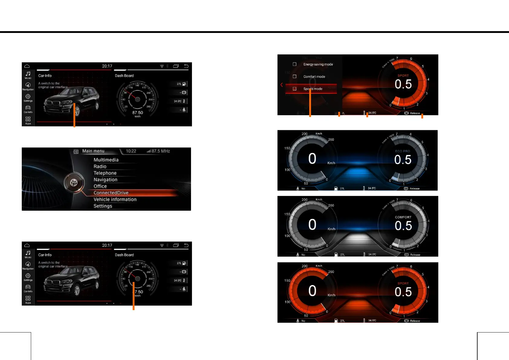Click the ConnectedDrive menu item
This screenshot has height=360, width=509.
(111, 193)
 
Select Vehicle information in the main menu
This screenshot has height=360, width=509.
(115, 199)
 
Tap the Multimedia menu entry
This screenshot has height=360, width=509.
(106, 160)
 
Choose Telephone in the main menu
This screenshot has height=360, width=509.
(105, 173)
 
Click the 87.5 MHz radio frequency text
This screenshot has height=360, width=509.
(160, 151)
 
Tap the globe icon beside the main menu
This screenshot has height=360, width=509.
(74, 183)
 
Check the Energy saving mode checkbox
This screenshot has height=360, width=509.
(294, 64)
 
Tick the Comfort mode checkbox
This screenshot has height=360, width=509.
(294, 77)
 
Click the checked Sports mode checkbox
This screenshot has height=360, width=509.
(294, 89)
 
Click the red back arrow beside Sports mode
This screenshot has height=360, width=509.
(282, 85)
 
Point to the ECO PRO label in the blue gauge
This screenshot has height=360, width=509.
(403, 151)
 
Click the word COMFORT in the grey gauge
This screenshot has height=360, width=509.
(403, 217)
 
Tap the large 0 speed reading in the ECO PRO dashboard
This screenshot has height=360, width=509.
(312, 159)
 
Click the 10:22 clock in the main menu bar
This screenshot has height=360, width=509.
(131, 151)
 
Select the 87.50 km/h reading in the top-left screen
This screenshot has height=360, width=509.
(138, 113)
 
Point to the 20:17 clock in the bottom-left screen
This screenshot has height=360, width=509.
(107, 245)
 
